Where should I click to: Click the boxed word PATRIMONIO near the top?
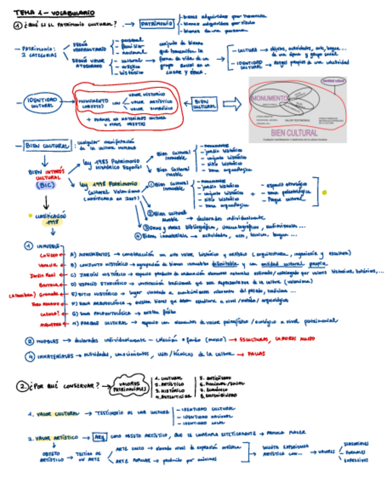point(157,24)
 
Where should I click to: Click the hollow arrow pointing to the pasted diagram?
point(232,105)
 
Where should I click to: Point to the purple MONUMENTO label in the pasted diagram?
point(269,98)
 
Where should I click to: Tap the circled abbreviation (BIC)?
point(45,185)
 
